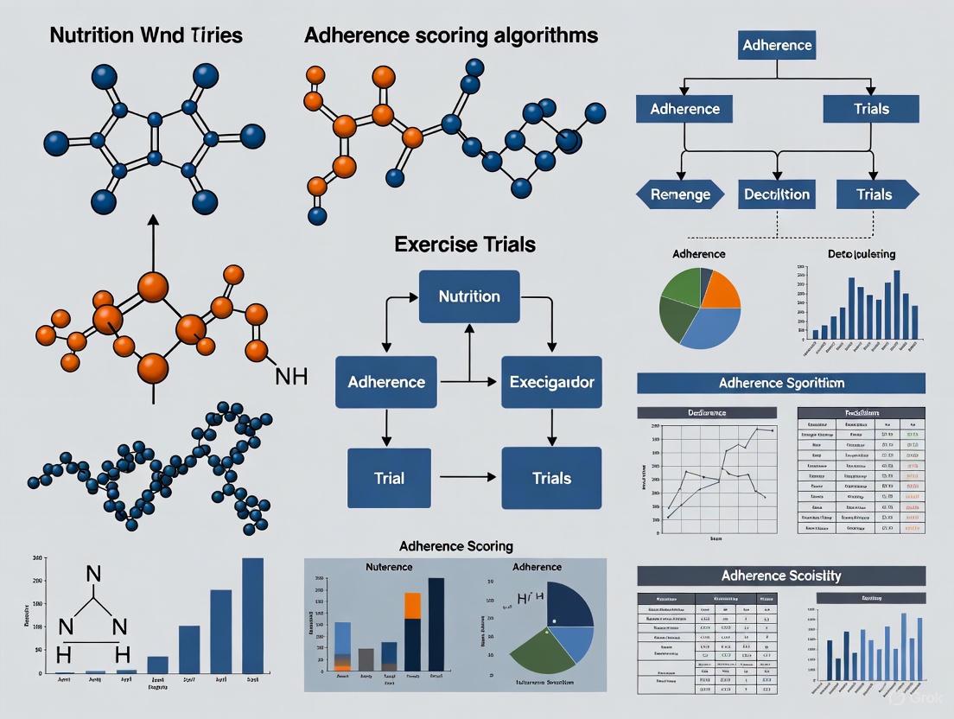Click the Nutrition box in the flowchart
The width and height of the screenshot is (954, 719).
[x=469, y=296]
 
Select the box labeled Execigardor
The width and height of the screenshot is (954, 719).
[x=551, y=381]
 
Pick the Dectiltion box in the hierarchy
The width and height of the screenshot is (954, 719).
[x=777, y=194]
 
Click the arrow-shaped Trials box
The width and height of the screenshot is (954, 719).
[x=876, y=194]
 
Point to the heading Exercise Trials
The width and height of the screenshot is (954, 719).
[x=465, y=245]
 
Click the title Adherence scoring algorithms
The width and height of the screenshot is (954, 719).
[x=451, y=35]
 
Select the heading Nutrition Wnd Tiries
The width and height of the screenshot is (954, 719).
[x=146, y=35]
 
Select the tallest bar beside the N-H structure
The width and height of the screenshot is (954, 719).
[x=252, y=614]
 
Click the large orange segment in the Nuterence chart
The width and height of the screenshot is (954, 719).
[x=412, y=605]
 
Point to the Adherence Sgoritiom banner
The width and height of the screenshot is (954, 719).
[x=780, y=383]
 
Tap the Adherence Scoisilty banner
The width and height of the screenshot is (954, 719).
[x=780, y=576]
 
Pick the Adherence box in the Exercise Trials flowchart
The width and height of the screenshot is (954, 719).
[x=386, y=381]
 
